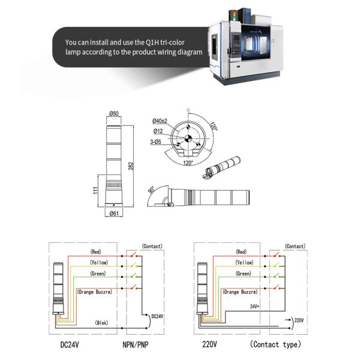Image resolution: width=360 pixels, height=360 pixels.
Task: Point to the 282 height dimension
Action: click(x=132, y=166)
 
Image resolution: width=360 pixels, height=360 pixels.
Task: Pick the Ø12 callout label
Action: click(x=158, y=131)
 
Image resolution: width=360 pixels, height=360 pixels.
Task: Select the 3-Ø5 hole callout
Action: click(x=157, y=142)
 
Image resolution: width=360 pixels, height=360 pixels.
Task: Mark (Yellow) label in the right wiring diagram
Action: click(x=243, y=263)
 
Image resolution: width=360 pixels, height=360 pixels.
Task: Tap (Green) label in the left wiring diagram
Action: click(x=97, y=274)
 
